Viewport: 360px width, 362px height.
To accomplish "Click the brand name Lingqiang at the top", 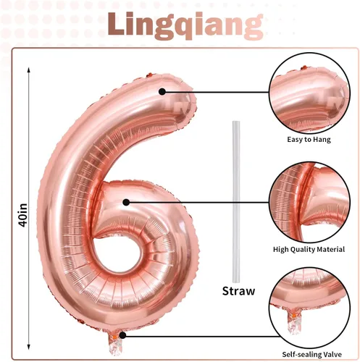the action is point(185,25).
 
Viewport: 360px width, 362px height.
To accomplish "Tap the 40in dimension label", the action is point(23,215).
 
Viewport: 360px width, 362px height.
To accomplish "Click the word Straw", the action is point(238,291).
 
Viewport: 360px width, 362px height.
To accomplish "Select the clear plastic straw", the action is point(236,202).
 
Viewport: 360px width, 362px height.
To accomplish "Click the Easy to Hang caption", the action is point(309,140).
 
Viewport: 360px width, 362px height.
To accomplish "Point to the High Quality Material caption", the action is point(309,249).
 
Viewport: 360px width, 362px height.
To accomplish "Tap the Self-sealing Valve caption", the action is point(312,355).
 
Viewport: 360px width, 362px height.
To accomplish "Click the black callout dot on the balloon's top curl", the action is point(162,92).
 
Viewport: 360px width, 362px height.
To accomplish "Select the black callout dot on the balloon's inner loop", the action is point(126,202).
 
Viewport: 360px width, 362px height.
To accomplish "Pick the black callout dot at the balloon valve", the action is point(122,335).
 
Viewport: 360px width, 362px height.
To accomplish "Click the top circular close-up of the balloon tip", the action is point(309,93).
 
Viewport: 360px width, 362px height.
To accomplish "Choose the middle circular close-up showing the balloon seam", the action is point(309,202).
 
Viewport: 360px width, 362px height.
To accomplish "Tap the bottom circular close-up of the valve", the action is point(310,308).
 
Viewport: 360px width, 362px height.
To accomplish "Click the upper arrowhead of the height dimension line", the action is point(29,70).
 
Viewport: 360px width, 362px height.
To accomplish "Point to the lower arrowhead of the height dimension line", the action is point(29,347).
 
